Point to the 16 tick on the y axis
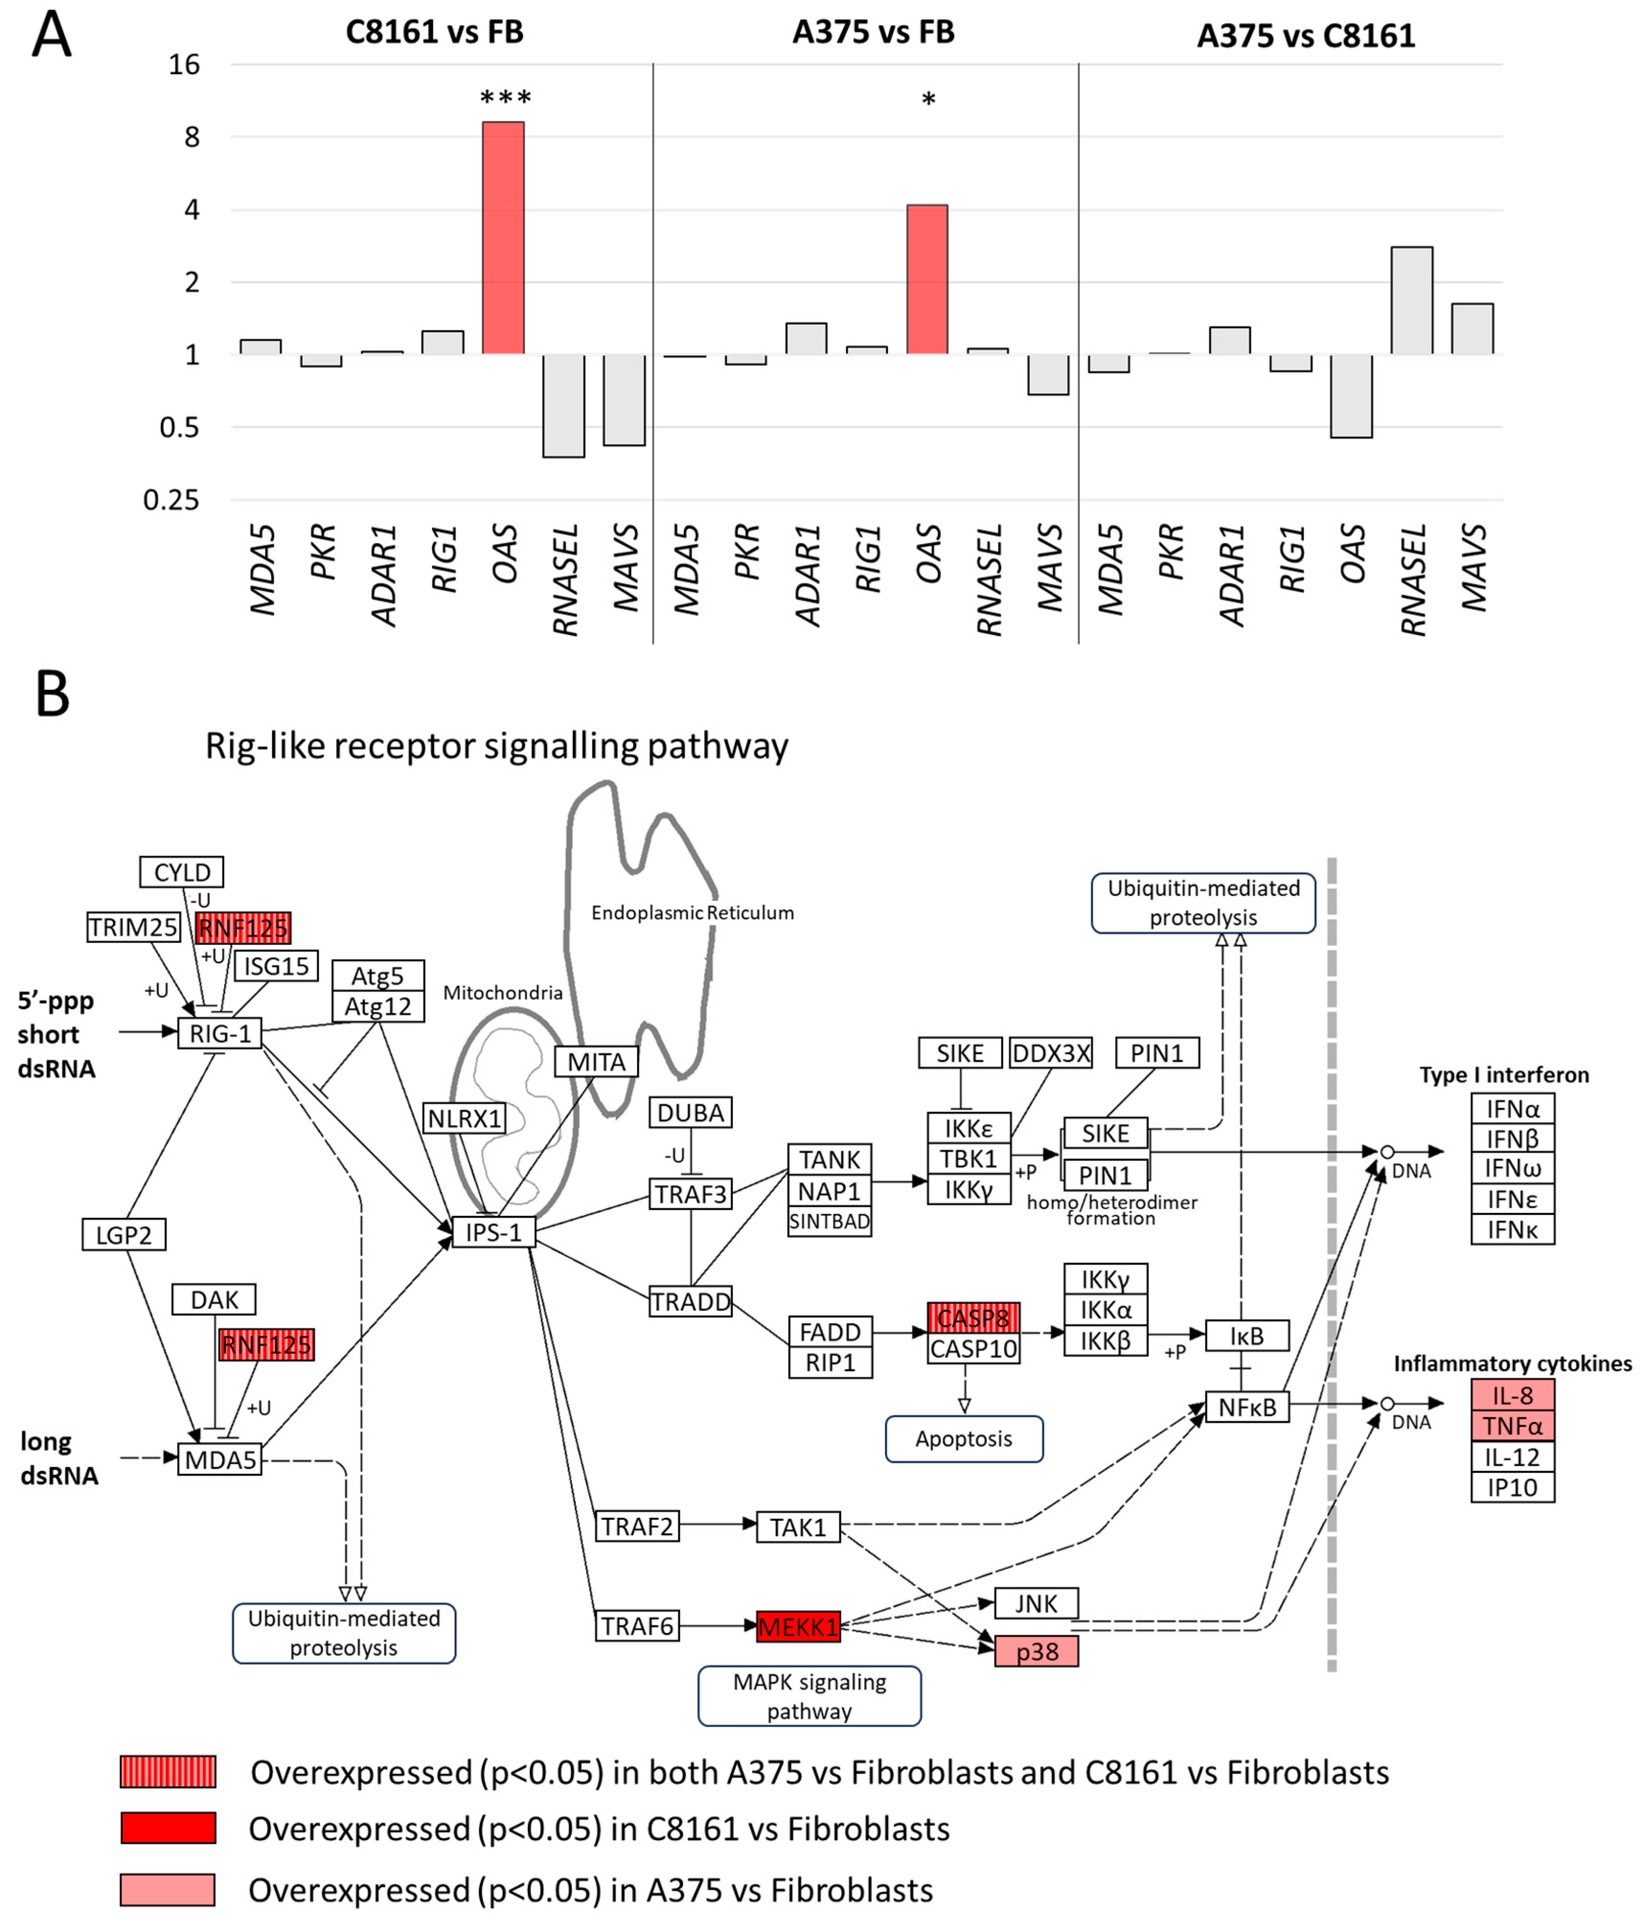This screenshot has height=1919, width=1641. (184, 65)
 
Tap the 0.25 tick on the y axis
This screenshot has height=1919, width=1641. (171, 500)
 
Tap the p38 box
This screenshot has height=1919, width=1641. (1036, 1651)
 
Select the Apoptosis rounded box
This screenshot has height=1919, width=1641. (964, 1438)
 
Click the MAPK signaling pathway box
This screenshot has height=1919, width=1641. (809, 1696)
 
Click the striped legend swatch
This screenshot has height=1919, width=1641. (168, 1772)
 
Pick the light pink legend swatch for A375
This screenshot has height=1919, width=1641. (168, 1889)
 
